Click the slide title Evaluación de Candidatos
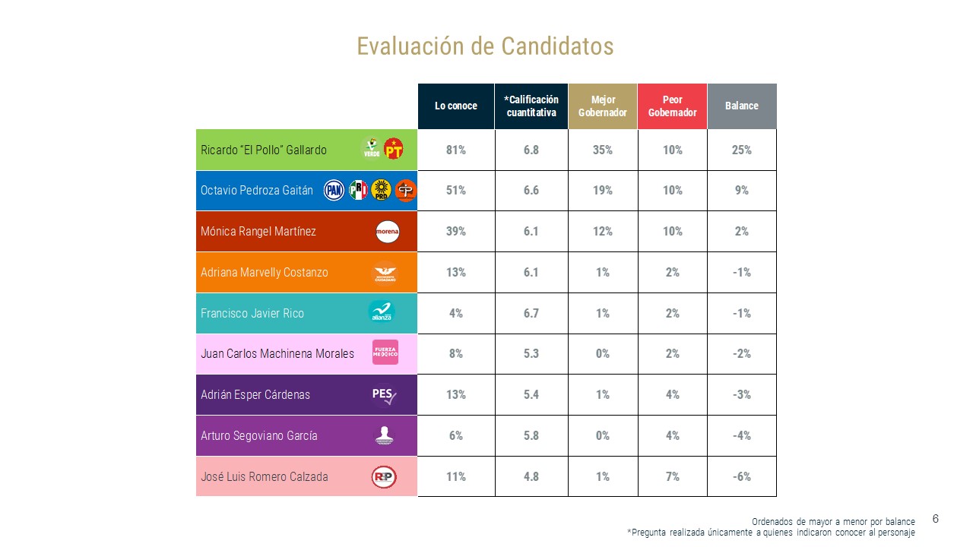(485, 46)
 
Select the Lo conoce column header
(456, 106)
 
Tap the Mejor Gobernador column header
(603, 106)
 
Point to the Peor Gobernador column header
(672, 106)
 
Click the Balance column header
(741, 106)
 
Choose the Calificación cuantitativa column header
(531, 106)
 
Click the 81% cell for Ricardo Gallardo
(456, 150)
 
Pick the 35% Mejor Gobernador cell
(603, 150)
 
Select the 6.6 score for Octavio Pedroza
(531, 191)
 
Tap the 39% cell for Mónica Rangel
(456, 232)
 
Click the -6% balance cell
(741, 476)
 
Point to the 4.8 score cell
(531, 476)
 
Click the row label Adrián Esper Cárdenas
(255, 395)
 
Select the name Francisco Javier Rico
(252, 313)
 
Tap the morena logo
(387, 232)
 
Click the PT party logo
(393, 149)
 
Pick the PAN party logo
(334, 191)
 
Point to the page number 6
(936, 519)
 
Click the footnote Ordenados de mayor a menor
(833, 522)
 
